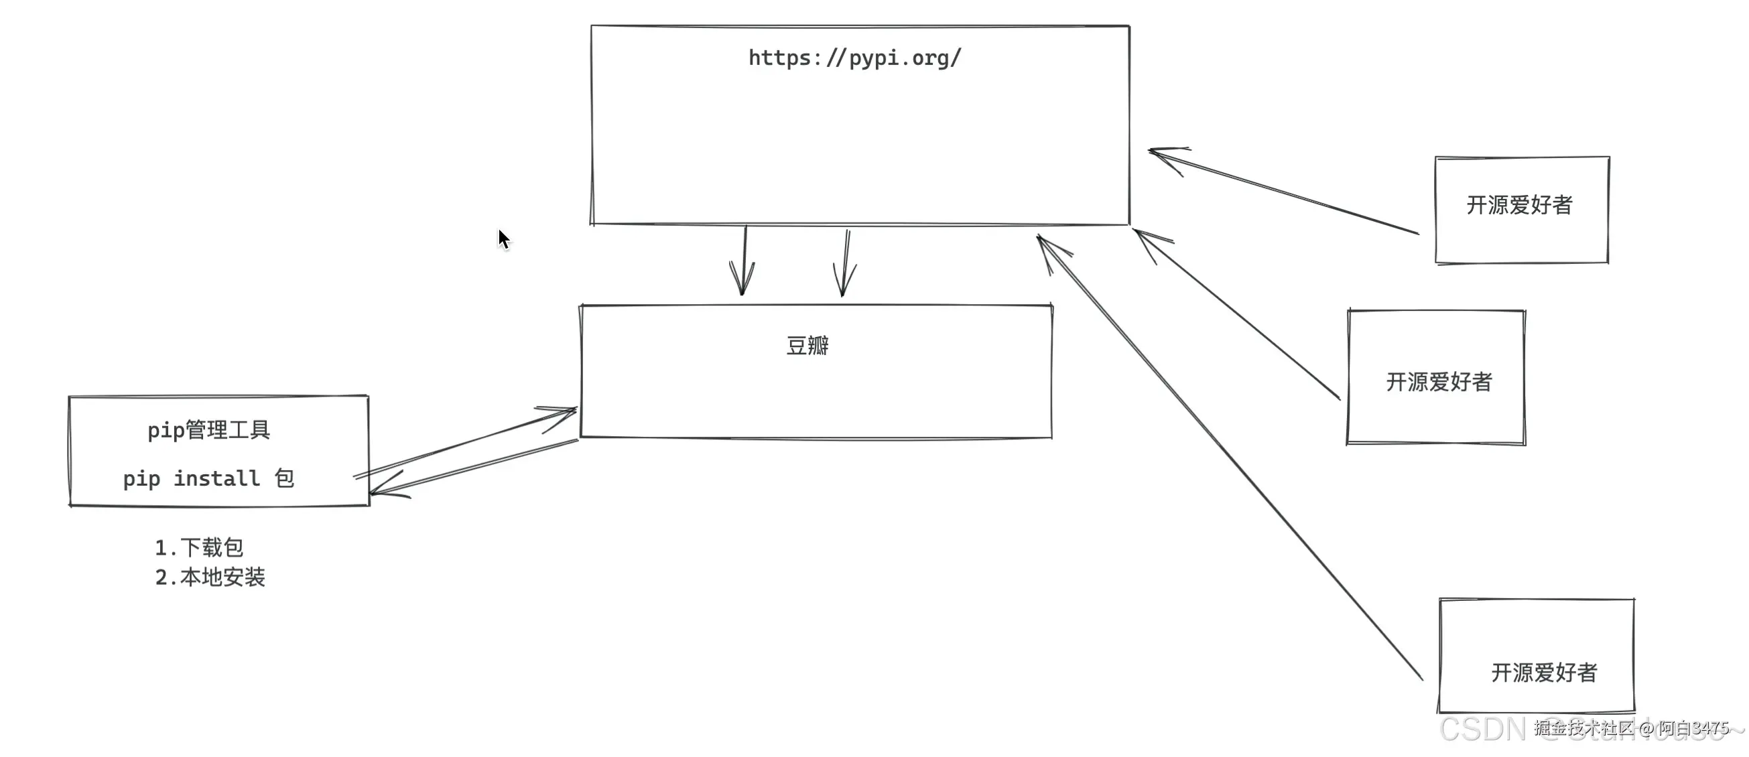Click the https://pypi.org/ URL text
pyautogui.click(x=854, y=58)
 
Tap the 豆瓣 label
pyautogui.click(x=807, y=346)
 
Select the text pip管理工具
pyautogui.click(x=209, y=430)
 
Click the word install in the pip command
pyautogui.click(x=216, y=478)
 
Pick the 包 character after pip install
pyautogui.click(x=285, y=478)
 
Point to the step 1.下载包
pyautogui.click(x=199, y=547)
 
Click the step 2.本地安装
pyautogui.click(x=210, y=577)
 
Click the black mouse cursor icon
pyautogui.click(x=503, y=239)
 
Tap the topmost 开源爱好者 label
pyautogui.click(x=1520, y=205)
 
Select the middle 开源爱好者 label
pyautogui.click(x=1439, y=382)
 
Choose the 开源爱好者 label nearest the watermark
pyautogui.click(x=1544, y=673)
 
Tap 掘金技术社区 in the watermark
pyautogui.click(x=1584, y=728)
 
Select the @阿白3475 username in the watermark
pyautogui.click(x=1684, y=728)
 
